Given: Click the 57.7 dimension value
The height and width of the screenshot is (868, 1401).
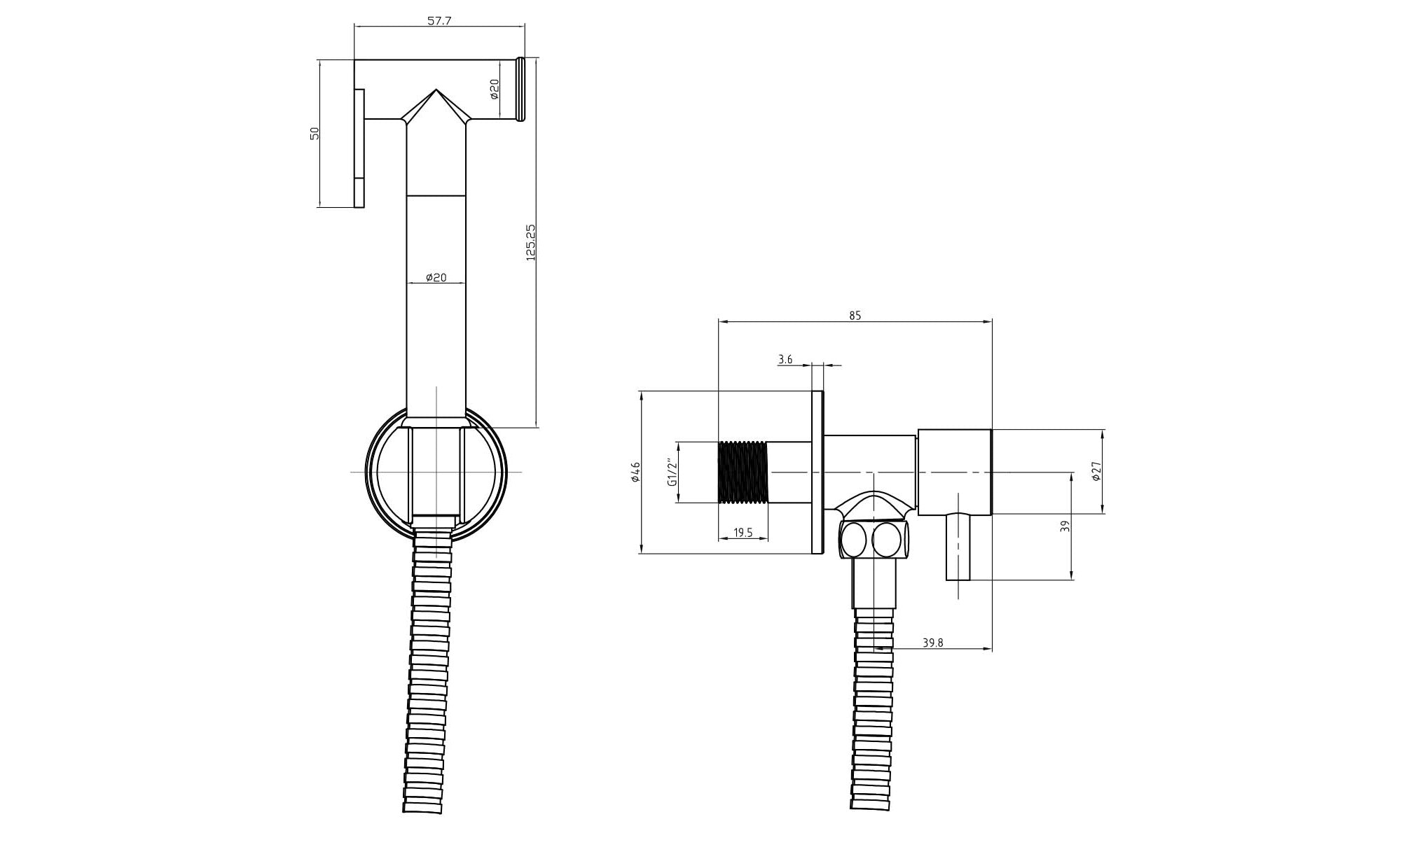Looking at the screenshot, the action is click(439, 20).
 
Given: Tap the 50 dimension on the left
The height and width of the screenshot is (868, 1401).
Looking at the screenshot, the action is click(315, 133).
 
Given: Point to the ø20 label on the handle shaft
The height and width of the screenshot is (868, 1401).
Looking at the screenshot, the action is click(436, 277).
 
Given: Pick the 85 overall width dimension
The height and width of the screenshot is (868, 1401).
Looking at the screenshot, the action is click(855, 316).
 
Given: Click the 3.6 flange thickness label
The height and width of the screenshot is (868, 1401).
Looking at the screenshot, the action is click(785, 359).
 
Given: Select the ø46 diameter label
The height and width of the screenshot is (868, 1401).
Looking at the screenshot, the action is click(635, 472).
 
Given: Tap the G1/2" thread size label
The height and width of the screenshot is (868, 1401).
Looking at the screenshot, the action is click(670, 472).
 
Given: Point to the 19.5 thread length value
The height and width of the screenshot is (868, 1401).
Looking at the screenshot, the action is click(743, 533).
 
